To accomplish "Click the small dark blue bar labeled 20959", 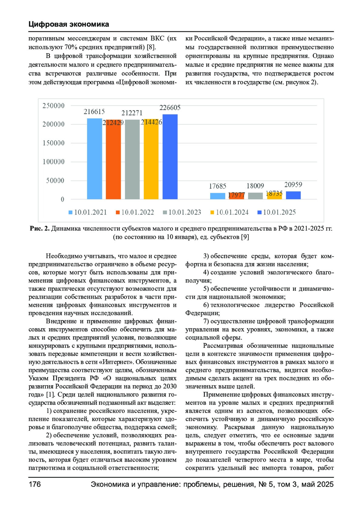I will coord(293,195).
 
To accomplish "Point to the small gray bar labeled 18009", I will coord(255,196).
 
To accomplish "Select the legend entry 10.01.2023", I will coord(182,212).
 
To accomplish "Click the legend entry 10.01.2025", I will coord(276,212).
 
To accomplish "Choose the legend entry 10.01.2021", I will coord(88,212).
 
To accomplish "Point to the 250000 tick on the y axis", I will coord(53,106).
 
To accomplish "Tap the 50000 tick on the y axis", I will coord(55,180).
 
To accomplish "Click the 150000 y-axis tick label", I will coord(53,143).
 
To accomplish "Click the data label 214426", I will coord(151,122).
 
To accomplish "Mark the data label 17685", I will coord(217,186).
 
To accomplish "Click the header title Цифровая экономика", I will coord(69,24).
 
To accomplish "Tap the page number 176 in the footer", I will coord(35,484).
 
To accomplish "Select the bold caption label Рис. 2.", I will coord(39,228).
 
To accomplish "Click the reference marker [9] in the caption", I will coord(245,237).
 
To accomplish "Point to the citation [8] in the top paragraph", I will coord(151,47).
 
